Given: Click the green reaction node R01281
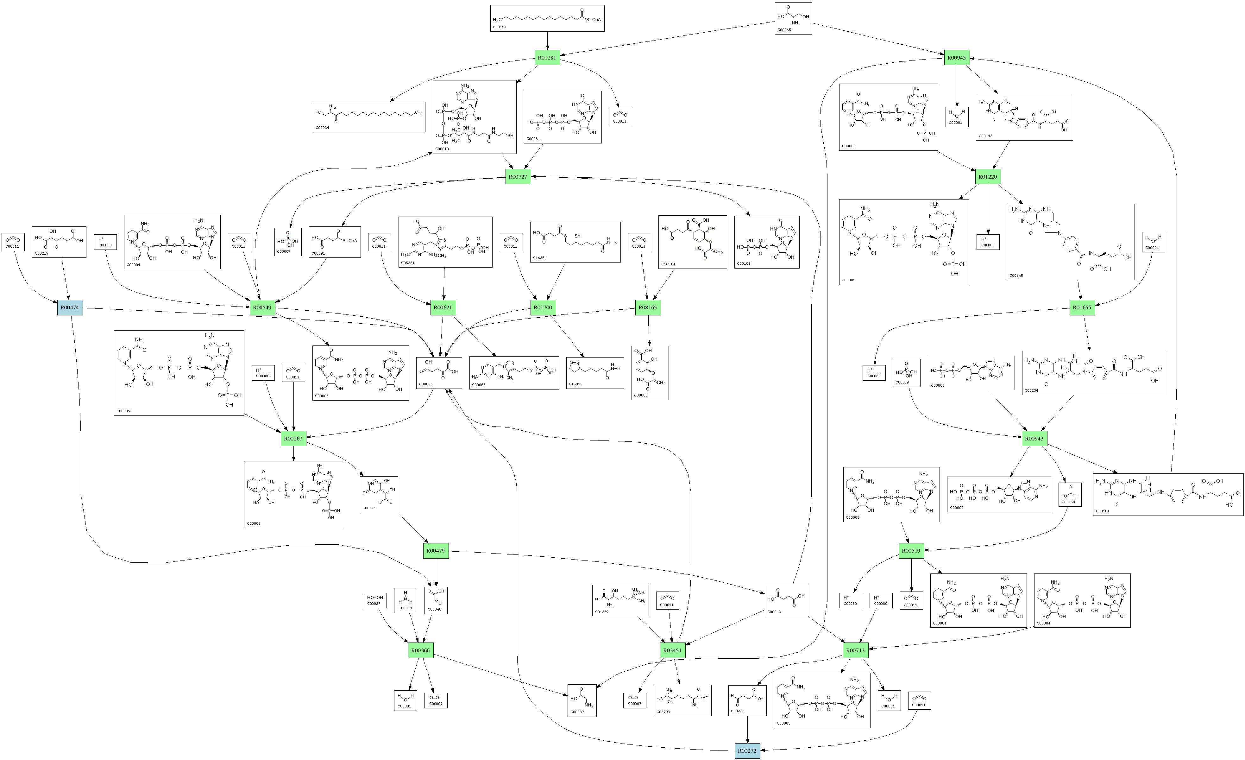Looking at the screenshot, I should click(x=547, y=58).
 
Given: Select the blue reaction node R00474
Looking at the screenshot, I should click(x=70, y=307).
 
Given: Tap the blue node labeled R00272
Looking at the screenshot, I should click(x=747, y=751).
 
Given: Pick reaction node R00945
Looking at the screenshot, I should click(x=957, y=58).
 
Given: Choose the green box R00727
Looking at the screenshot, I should click(x=518, y=177).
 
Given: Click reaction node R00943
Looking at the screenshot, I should click(x=1034, y=438).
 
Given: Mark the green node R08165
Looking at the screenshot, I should click(x=648, y=307).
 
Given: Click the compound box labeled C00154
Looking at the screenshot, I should click(x=547, y=18).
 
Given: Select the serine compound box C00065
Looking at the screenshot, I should click(x=793, y=18).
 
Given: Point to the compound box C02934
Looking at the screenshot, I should click(x=369, y=117).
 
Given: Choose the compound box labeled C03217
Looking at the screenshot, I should click(x=59, y=242).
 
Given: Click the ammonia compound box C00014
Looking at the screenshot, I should click(x=405, y=600).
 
